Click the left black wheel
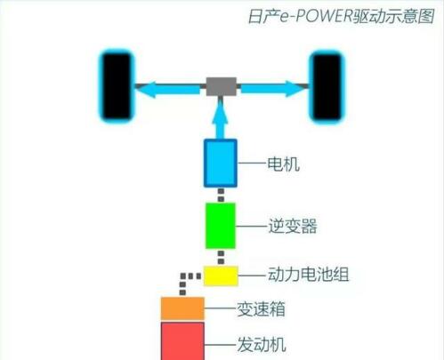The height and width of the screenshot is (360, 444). pyautogui.click(x=117, y=86)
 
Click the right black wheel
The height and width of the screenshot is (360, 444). pyautogui.click(x=327, y=86)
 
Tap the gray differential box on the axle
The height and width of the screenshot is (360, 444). pyautogui.click(x=222, y=86)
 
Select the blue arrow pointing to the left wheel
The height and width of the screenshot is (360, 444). pyautogui.click(x=169, y=89)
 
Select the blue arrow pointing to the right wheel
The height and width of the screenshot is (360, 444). pyautogui.click(x=272, y=89)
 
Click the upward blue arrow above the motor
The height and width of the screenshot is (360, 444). pyautogui.click(x=220, y=118)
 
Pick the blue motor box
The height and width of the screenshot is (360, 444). pyautogui.click(x=221, y=163)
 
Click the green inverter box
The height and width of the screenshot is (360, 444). pyautogui.click(x=221, y=226)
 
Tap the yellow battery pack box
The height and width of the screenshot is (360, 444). pyautogui.click(x=221, y=276)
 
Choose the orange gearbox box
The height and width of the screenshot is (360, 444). pyautogui.click(x=182, y=308)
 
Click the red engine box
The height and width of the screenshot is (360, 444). pyautogui.click(x=182, y=341)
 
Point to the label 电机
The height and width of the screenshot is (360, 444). pyautogui.click(x=283, y=164)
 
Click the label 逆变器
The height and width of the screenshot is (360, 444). pyautogui.click(x=293, y=226)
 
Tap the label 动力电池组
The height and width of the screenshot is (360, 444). pyautogui.click(x=309, y=275)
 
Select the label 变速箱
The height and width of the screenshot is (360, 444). pyautogui.click(x=261, y=309)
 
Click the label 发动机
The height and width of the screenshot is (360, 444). pyautogui.click(x=262, y=345)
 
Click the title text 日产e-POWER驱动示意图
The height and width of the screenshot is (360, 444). pyautogui.click(x=341, y=16)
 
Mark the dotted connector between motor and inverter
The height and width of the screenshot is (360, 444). pyautogui.click(x=221, y=195)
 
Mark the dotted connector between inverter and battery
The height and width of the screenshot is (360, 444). pyautogui.click(x=221, y=257)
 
